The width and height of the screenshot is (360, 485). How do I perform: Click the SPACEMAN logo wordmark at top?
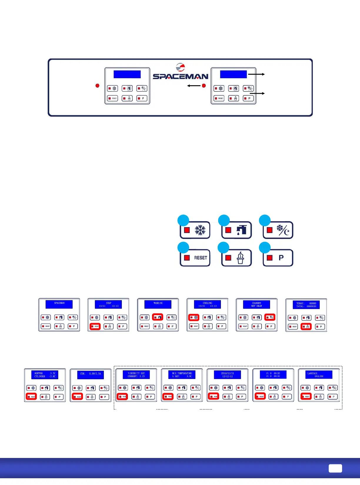tap(180, 76)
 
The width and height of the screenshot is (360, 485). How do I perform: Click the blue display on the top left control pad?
tap(127, 74)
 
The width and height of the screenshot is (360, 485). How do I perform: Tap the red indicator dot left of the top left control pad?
tap(97, 86)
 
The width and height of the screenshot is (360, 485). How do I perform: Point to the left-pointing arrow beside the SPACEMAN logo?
tap(194, 86)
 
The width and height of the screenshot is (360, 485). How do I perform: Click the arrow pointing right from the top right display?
tap(256, 74)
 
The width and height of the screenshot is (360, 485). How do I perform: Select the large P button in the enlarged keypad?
tap(278, 258)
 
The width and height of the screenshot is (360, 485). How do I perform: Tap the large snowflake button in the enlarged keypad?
tap(195, 230)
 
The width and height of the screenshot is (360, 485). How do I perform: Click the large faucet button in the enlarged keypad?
tap(236, 230)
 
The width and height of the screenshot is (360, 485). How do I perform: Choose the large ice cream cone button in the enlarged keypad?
tap(236, 258)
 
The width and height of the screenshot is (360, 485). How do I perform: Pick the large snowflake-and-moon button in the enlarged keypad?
tap(278, 230)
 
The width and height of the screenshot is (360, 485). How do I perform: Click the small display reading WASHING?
tap(158, 304)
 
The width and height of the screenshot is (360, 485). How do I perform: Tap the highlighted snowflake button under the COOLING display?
tap(194, 317)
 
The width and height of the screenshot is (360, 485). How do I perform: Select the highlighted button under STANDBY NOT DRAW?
tap(270, 317)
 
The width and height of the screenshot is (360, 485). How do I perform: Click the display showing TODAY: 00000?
tap(306, 305)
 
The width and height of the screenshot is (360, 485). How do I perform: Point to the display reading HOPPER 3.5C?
tap(45, 375)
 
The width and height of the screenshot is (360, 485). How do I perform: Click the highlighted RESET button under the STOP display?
tap(95, 326)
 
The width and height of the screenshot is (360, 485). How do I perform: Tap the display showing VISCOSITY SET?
tap(136, 374)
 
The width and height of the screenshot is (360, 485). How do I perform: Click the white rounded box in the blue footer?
tap(335, 468)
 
